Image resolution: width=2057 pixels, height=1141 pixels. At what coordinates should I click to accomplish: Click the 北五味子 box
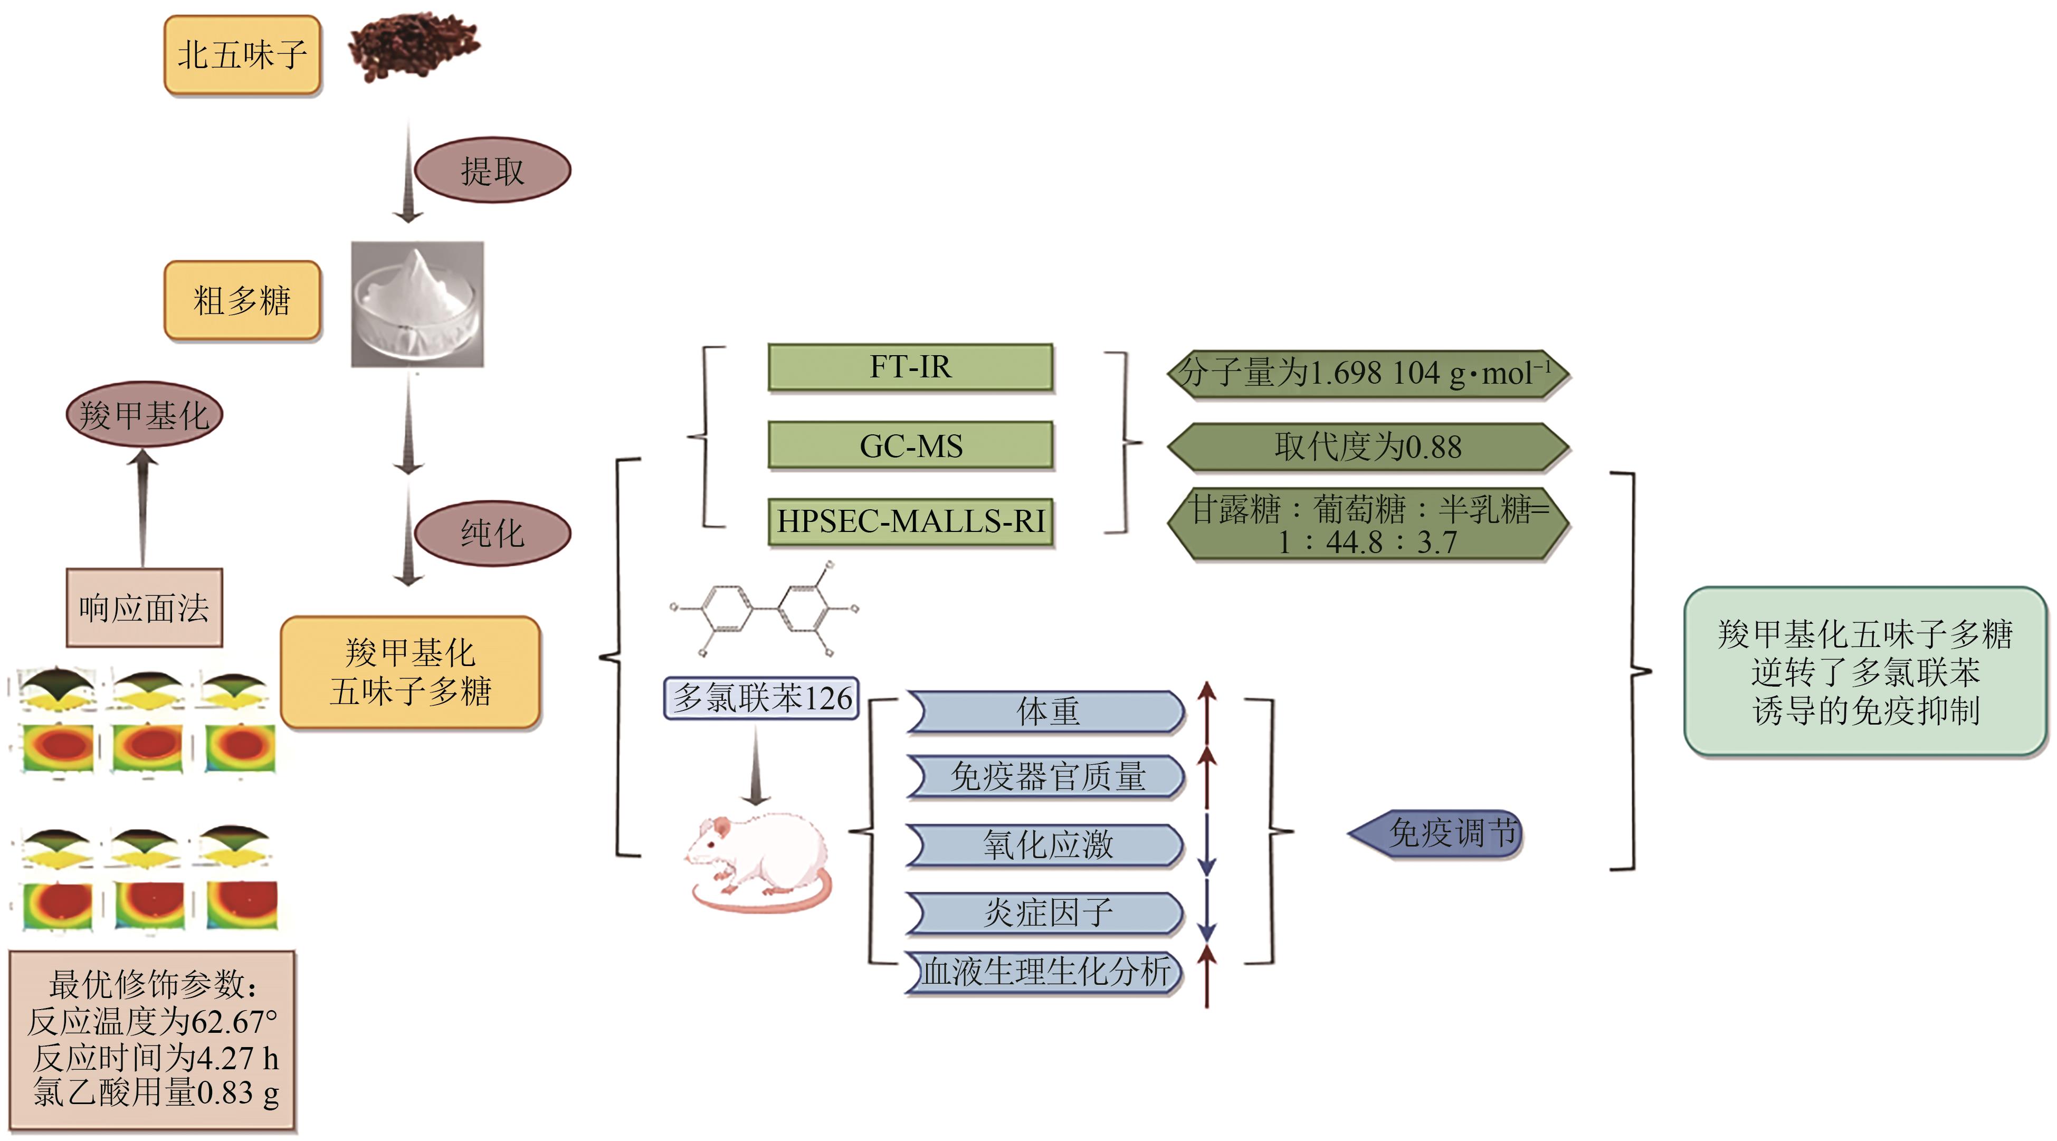(x=242, y=55)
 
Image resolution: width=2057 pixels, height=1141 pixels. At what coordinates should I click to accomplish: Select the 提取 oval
(x=493, y=170)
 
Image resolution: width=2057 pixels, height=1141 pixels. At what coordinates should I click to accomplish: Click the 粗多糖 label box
(x=242, y=300)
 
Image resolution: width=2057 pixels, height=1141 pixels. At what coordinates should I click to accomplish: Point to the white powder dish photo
(x=417, y=304)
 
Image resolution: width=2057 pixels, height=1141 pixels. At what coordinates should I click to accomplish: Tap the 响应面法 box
(x=144, y=607)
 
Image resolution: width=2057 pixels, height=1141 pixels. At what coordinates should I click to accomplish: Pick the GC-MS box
(x=910, y=445)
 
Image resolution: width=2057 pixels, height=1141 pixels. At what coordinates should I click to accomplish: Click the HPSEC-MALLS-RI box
(x=910, y=521)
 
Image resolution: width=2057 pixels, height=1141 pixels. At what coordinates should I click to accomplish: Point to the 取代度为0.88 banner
(x=1368, y=446)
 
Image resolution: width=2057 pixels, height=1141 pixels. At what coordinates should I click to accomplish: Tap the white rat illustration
(x=757, y=862)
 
